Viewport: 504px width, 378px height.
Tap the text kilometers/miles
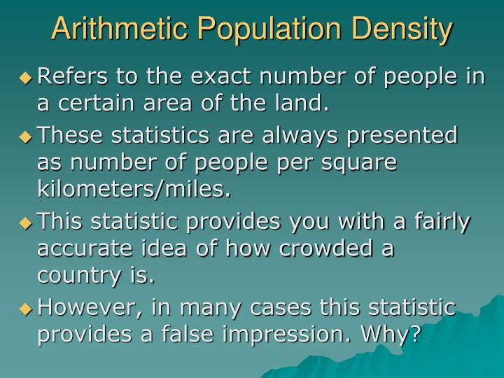[133, 190]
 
